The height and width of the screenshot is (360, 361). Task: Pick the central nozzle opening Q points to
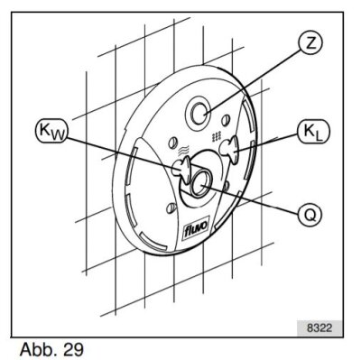tap(198, 179)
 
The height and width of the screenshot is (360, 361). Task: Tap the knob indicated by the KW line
tap(180, 166)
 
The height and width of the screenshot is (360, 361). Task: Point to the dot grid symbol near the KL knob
tap(217, 136)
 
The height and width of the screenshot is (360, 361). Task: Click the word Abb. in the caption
tap(32, 346)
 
